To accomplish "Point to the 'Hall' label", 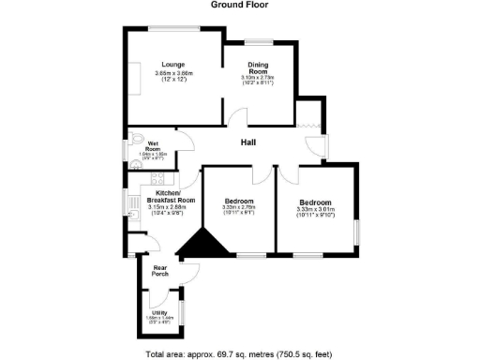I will [x=248, y=143].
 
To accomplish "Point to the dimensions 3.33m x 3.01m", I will [x=315, y=210].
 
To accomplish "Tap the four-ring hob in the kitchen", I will [x=157, y=177].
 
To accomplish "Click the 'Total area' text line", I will [x=239, y=354].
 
